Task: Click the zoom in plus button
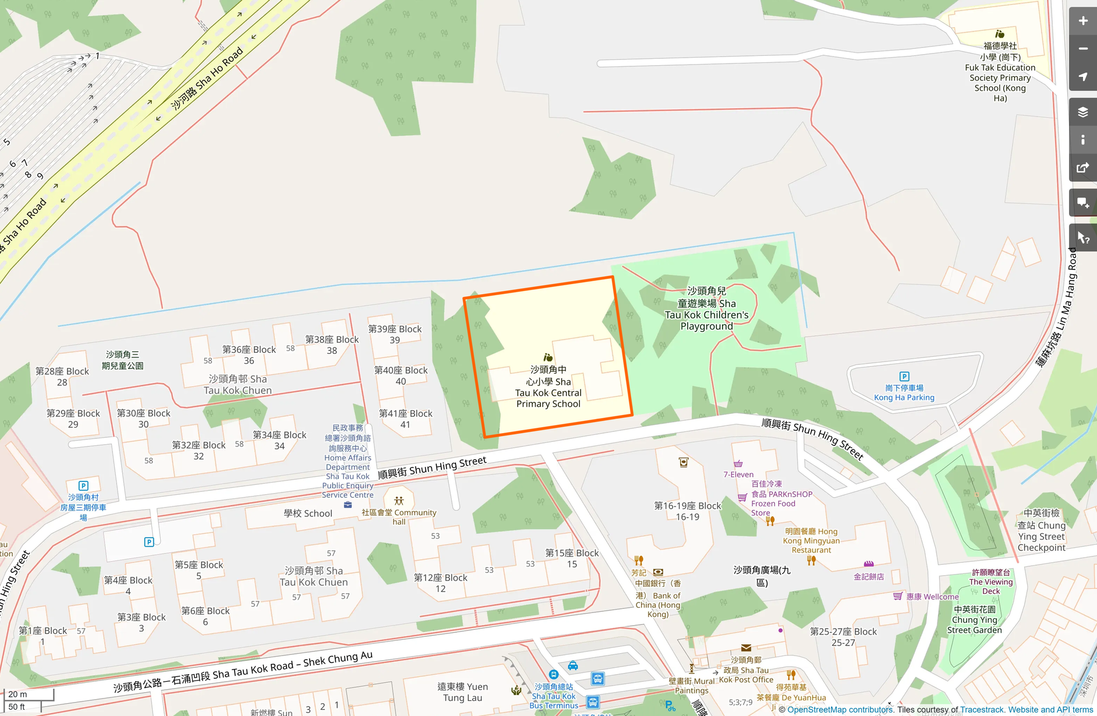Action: tap(1082, 21)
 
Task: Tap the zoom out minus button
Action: tap(1082, 49)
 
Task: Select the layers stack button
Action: tap(1082, 112)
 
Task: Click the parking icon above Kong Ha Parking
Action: tap(904, 377)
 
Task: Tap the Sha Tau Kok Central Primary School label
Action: tap(548, 387)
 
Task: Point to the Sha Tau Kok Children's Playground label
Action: tap(707, 309)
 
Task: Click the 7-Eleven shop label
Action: tap(738, 474)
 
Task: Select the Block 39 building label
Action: tap(395, 334)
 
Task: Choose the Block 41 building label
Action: tap(405, 419)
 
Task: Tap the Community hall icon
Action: tap(399, 501)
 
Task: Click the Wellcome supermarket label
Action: tap(932, 597)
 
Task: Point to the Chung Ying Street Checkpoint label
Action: tap(1041, 531)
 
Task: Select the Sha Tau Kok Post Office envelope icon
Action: tap(746, 648)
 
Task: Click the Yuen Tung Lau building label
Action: tap(463, 692)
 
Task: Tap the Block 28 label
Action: tap(62, 377)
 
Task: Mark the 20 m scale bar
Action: tap(29, 694)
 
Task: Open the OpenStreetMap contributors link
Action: tap(840, 710)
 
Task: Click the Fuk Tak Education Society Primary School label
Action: tap(1000, 72)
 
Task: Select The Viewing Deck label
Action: tap(991, 582)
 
